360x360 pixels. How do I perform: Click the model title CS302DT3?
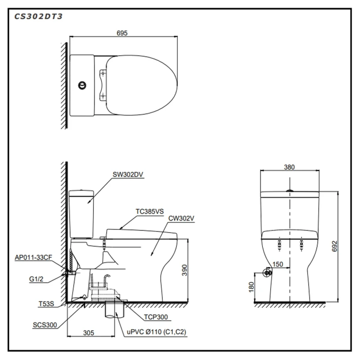38,17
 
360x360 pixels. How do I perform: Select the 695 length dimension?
122,33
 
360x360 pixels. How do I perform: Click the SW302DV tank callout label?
128,175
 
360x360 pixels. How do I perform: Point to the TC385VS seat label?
150,212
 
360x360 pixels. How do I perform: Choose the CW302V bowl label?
181,219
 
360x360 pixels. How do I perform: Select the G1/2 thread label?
36,279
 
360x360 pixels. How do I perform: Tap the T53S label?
46,304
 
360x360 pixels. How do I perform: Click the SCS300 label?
45,325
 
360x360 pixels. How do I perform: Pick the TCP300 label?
156,317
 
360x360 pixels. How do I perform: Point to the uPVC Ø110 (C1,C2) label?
156,332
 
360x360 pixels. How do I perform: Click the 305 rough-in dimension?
89,333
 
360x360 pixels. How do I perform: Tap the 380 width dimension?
289,167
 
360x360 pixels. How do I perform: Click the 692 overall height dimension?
334,246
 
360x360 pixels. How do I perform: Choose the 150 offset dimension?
277,264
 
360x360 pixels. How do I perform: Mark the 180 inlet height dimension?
251,287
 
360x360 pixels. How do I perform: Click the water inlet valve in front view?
267,273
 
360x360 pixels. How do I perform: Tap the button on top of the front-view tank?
290,191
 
